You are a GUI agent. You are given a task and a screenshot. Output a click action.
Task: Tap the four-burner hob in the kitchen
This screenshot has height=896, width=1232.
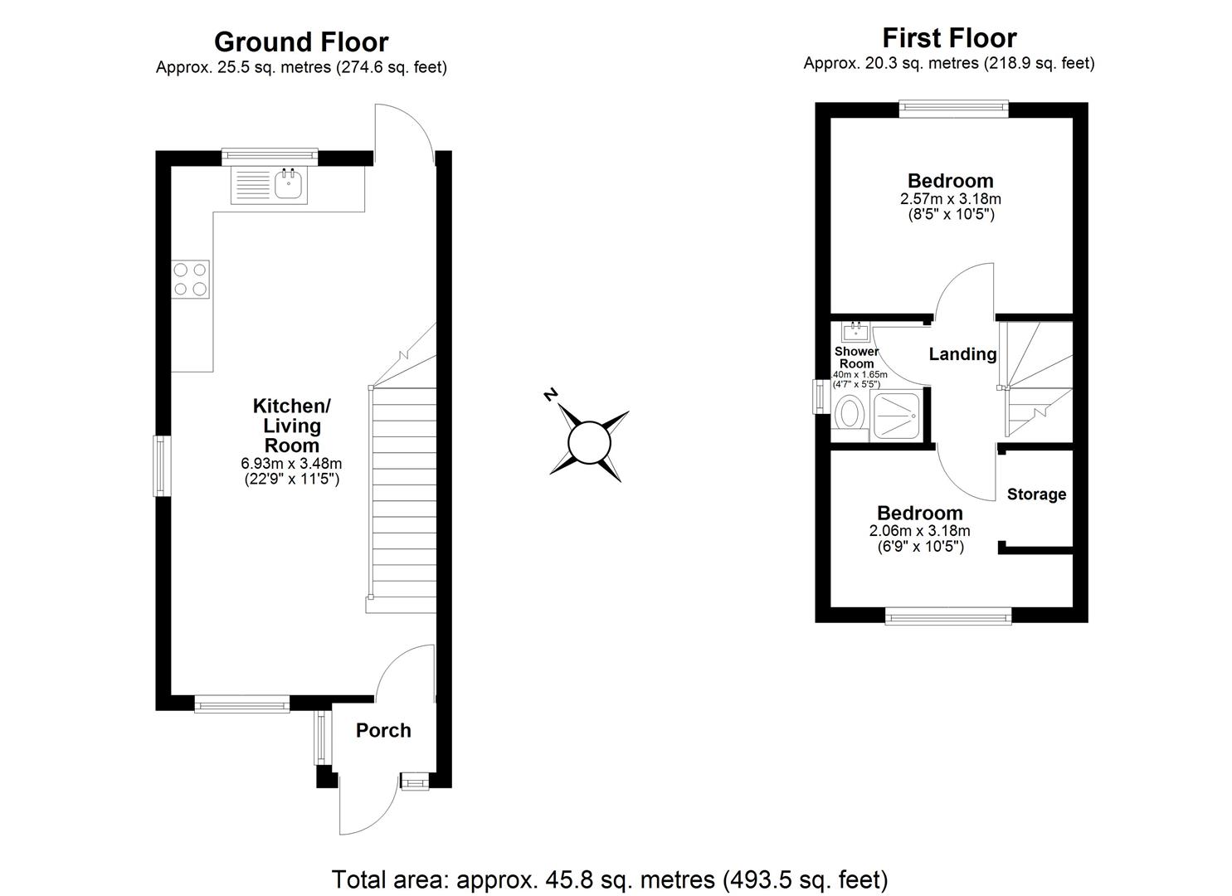pos(190,279)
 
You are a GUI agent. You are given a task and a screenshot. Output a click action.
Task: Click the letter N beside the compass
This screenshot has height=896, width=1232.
pos(548,395)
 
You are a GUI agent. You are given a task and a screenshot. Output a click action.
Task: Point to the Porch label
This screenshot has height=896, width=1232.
pos(383,731)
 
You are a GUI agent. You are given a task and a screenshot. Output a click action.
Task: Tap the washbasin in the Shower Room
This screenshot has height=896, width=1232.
pos(855,333)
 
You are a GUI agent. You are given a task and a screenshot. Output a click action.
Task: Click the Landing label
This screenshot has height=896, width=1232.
pos(962,354)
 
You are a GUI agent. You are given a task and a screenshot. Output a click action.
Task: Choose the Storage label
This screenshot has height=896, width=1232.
pos(1036,494)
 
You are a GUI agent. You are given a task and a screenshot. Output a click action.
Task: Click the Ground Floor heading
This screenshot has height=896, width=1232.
pos(301,41)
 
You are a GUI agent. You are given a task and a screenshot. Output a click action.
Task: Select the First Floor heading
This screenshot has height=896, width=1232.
pos(949,38)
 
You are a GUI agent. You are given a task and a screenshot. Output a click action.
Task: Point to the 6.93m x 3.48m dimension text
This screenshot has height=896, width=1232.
pos(291,464)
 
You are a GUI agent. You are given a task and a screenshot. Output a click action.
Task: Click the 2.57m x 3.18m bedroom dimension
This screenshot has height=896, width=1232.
pos(950,199)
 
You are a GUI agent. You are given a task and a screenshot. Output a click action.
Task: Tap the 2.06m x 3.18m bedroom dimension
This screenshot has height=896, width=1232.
pos(920,531)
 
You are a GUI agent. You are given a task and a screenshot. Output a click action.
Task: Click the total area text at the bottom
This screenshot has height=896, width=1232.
pos(610,879)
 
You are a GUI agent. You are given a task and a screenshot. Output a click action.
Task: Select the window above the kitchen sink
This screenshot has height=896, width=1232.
pos(270,155)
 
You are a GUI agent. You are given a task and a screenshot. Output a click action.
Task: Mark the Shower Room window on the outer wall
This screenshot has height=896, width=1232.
pos(820,395)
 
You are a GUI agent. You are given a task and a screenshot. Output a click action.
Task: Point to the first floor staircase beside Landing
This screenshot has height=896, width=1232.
pos(1036,380)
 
